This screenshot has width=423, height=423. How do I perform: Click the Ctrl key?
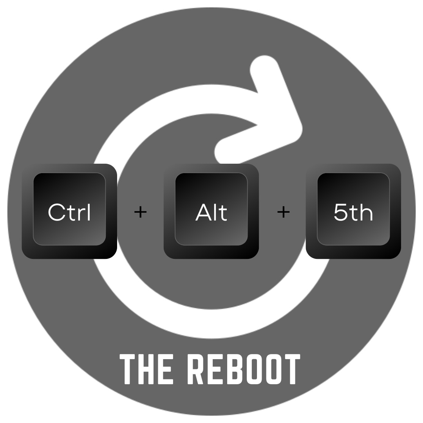pyautogui.click(x=69, y=211)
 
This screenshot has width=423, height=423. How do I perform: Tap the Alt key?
pyautogui.click(x=211, y=211)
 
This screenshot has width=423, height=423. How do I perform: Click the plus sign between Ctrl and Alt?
pyautogui.click(x=140, y=212)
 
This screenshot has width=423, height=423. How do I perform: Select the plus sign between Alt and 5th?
pyautogui.click(x=283, y=212)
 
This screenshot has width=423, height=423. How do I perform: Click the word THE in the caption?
pyautogui.click(x=146, y=369)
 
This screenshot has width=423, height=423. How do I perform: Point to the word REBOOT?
pyautogui.click(x=243, y=369)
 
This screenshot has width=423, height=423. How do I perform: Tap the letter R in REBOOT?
pyautogui.click(x=195, y=369)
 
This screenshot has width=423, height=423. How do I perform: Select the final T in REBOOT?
pyautogui.click(x=292, y=369)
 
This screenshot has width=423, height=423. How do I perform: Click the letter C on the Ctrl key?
pyautogui.click(x=56, y=213)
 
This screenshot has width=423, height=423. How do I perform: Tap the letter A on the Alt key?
pyautogui.click(x=202, y=213)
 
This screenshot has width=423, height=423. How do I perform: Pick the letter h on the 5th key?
pyautogui.click(x=367, y=213)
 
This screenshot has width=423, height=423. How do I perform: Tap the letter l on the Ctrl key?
pyautogui.click(x=89, y=212)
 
